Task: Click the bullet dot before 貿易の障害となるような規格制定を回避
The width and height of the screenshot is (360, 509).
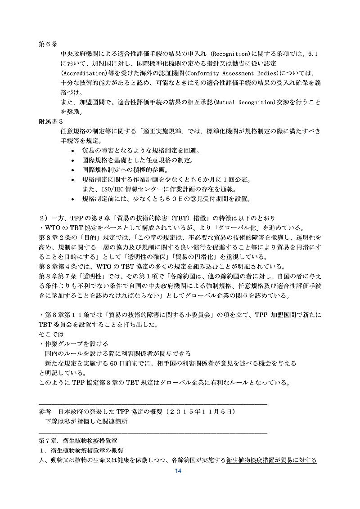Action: (x=74, y=150)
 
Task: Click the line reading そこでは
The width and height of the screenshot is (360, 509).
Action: (x=52, y=335)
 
